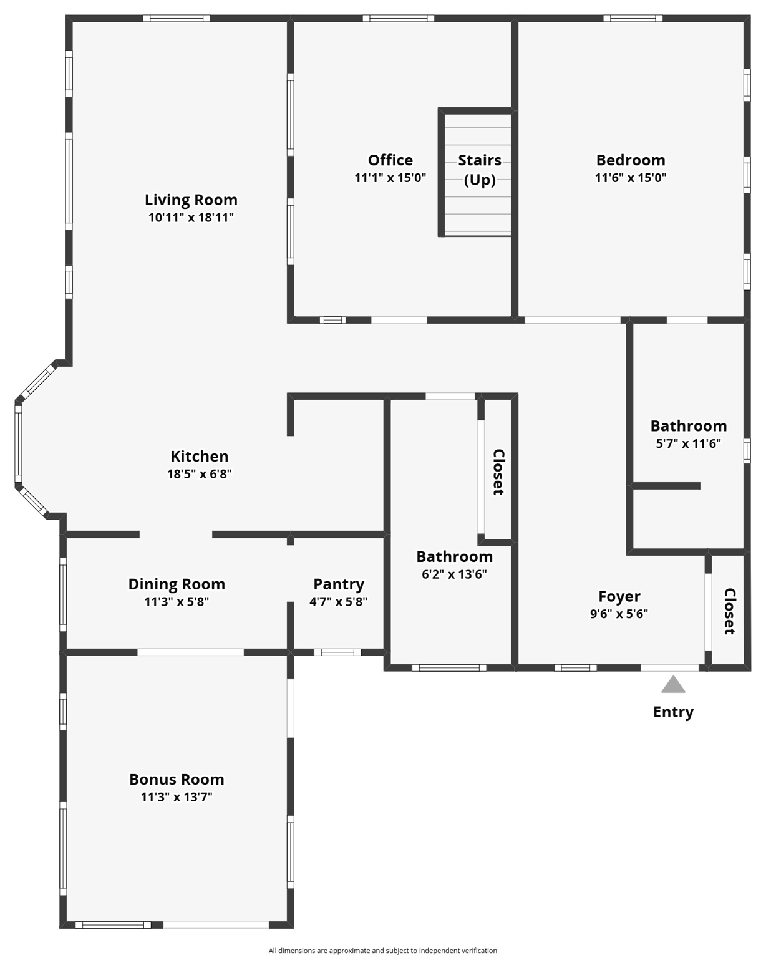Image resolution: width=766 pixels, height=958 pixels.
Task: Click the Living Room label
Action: (191, 200)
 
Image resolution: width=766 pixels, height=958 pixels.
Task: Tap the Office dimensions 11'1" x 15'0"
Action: (390, 178)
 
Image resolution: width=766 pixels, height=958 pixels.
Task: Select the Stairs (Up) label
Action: (480, 170)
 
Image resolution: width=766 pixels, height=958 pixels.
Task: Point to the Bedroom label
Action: (630, 160)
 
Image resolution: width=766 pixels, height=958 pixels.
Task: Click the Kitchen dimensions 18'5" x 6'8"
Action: (199, 474)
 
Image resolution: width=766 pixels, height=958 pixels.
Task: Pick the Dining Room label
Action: (177, 584)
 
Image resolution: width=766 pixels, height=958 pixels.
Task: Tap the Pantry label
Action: (338, 584)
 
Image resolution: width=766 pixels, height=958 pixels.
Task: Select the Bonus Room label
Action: (177, 780)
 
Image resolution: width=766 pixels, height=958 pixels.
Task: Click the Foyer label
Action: (619, 597)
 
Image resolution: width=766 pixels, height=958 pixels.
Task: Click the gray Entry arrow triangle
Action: (673, 685)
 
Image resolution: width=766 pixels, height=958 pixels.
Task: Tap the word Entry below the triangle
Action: (673, 712)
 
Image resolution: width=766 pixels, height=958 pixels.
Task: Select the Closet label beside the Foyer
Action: (729, 611)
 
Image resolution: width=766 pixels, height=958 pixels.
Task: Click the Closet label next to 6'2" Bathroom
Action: (498, 472)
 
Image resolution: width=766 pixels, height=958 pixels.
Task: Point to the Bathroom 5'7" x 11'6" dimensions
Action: (688, 443)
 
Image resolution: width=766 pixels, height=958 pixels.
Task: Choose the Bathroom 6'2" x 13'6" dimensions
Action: (454, 574)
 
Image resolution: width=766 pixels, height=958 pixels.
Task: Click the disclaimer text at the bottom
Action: (382, 951)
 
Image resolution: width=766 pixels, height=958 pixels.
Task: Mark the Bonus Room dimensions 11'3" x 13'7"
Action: (177, 797)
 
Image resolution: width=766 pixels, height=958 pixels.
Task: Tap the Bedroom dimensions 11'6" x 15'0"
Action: (630, 178)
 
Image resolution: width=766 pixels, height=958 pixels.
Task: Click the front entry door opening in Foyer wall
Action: (670, 668)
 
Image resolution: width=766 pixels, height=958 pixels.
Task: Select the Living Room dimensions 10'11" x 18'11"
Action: (191, 218)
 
